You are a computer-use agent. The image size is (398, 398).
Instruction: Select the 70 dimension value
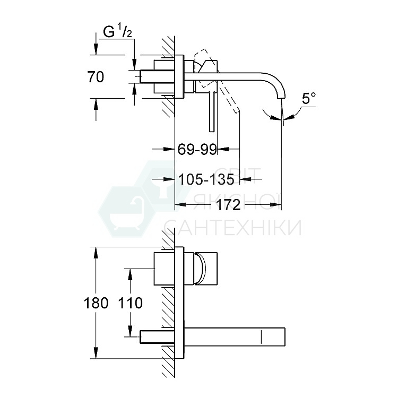pyautogui.click(x=95, y=77)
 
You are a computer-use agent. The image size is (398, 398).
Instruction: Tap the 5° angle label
pyautogui.click(x=308, y=98)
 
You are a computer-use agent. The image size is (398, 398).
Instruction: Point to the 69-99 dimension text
pyautogui.click(x=197, y=150)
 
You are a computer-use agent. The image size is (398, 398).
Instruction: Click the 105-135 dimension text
pyautogui.click(x=206, y=180)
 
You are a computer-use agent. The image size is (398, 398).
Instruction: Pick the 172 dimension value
pyautogui.click(x=229, y=205)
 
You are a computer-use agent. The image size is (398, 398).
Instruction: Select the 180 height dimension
pyautogui.click(x=96, y=303)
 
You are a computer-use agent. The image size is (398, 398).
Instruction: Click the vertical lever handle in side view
pyautogui.click(x=212, y=111)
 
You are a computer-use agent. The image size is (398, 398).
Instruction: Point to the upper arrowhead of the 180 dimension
pyautogui.click(x=96, y=252)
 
